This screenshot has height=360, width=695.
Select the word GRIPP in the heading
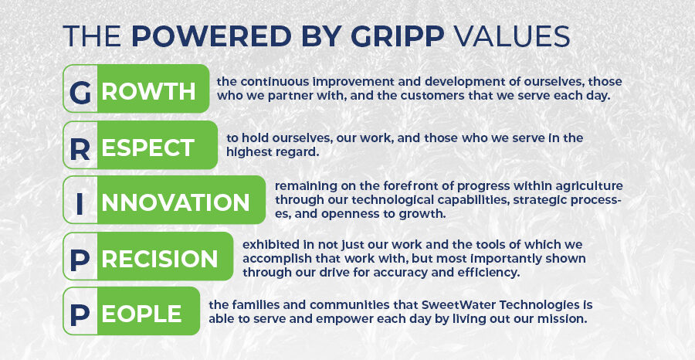click(398, 36)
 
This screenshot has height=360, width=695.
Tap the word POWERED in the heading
click(211, 36)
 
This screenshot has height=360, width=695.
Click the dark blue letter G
click(80, 92)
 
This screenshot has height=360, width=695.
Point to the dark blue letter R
click(80, 149)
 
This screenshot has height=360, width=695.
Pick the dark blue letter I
click(80, 203)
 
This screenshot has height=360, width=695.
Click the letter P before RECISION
click(80, 260)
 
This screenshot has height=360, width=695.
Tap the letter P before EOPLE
click(80, 314)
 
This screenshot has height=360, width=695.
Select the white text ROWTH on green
click(148, 91)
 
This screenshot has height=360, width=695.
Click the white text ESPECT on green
click(148, 148)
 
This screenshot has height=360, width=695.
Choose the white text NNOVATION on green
click(175, 202)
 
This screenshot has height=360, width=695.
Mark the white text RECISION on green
click(160, 259)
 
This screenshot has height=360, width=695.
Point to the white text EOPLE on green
click(141, 314)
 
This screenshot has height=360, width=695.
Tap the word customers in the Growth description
click(407, 95)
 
